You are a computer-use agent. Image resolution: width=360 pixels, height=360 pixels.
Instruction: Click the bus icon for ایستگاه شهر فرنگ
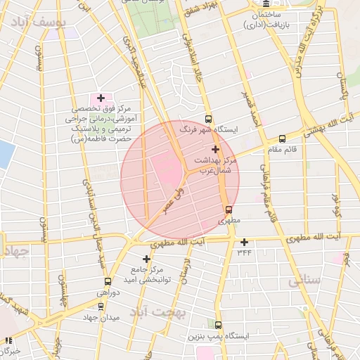[207, 120]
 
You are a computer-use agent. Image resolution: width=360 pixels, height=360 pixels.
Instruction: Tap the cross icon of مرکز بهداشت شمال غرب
[215, 149]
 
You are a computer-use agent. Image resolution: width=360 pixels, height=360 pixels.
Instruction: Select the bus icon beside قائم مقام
[282, 139]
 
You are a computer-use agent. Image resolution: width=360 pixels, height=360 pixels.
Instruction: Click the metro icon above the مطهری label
[229, 209]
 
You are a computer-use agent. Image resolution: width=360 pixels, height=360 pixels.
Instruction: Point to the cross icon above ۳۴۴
[244, 242]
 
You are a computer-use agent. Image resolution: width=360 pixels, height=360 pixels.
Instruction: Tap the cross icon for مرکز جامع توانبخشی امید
[146, 259]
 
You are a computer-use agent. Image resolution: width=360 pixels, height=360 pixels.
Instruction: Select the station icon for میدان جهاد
[101, 307]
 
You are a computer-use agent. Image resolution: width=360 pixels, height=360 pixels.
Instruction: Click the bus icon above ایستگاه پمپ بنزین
[218, 325]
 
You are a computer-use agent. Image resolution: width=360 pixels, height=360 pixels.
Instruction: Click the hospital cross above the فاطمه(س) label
[101, 98]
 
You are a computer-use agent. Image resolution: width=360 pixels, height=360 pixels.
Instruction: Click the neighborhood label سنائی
[304, 281]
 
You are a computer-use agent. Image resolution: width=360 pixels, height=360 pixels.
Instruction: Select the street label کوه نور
[335, 202]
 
